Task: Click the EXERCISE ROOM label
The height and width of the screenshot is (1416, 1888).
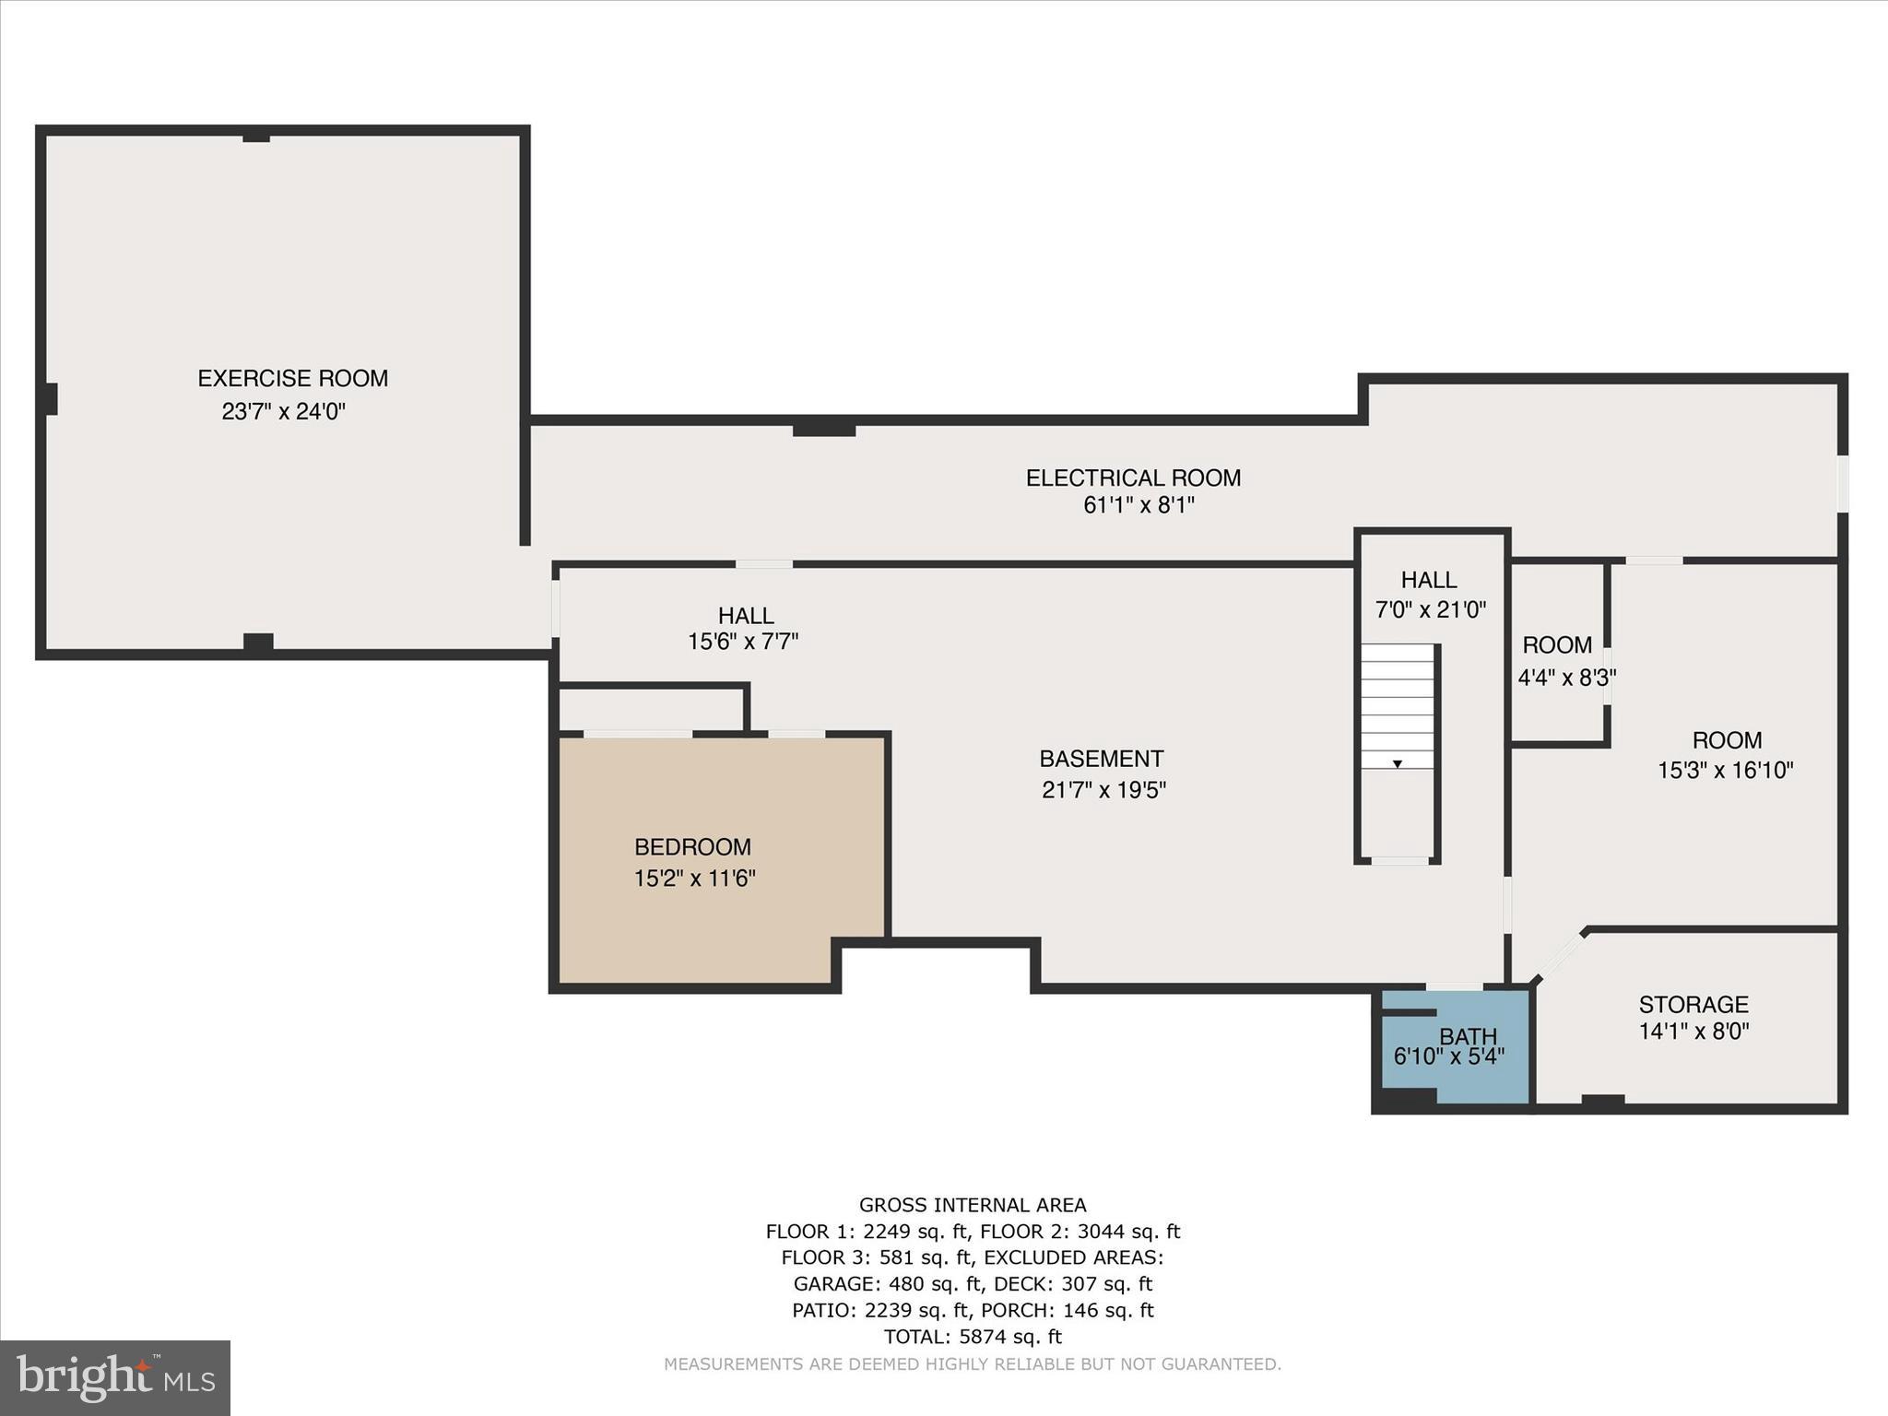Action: [x=292, y=378]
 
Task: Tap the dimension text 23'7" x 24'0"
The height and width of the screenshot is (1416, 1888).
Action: [x=283, y=411]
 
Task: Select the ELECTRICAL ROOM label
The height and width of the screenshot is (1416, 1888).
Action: [x=1133, y=478]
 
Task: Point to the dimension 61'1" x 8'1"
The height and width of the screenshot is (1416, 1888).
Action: [x=1139, y=505]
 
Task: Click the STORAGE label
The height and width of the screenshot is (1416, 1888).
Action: [x=1693, y=1004]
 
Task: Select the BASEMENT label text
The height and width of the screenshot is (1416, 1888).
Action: [x=1101, y=759]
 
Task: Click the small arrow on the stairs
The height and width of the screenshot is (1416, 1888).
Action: [x=1398, y=763]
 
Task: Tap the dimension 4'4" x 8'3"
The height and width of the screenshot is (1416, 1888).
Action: [x=1566, y=678]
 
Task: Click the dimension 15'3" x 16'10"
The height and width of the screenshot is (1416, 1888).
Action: [x=1725, y=770]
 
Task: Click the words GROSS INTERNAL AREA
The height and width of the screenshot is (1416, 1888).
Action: [x=973, y=1205]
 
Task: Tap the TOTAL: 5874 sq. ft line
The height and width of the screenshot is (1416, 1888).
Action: [x=973, y=1336]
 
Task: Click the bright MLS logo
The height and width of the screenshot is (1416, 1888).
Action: [x=115, y=1377]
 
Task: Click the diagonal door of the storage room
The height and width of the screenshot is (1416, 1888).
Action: [x=1559, y=956]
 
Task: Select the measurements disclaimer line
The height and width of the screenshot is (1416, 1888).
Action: [x=973, y=1363]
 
